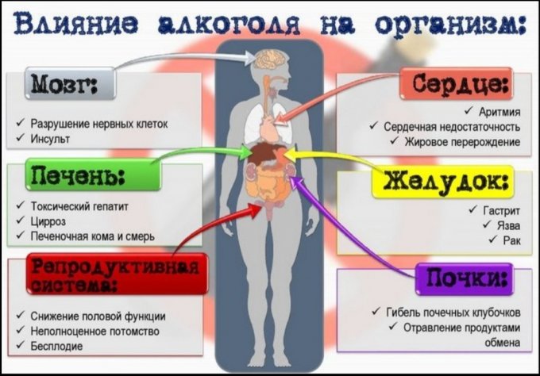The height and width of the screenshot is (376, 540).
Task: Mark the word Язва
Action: coord(507,225)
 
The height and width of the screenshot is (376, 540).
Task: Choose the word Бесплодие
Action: coord(56,346)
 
